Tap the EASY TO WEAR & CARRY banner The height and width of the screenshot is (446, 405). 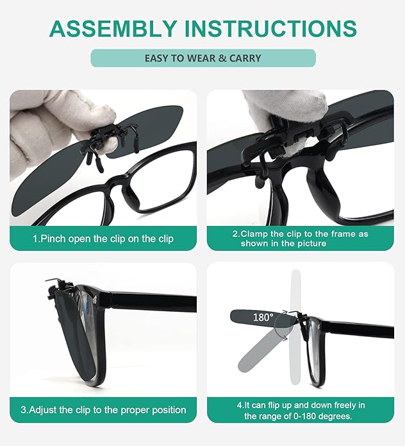[202, 58]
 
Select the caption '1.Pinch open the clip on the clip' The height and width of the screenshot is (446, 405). [103, 238]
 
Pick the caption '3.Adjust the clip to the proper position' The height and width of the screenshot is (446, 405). [103, 409]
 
